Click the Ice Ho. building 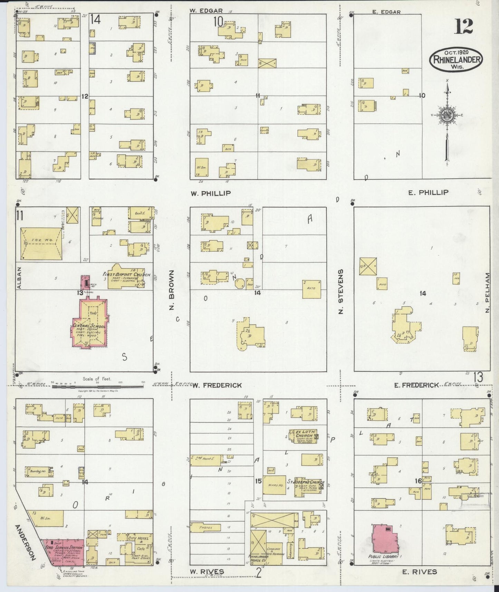pyautogui.click(x=41, y=244)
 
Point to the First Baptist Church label pyautogui.click(x=126, y=275)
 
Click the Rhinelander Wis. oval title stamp pyautogui.click(x=456, y=59)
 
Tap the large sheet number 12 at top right pyautogui.click(x=463, y=27)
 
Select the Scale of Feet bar pyautogui.click(x=98, y=386)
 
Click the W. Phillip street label pyautogui.click(x=211, y=193)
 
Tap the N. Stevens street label pyautogui.click(x=341, y=291)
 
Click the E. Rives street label pyautogui.click(x=420, y=572)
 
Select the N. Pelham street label pyautogui.click(x=487, y=293)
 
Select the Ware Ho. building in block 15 pyautogui.click(x=274, y=485)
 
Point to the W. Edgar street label pyautogui.click(x=206, y=11)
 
